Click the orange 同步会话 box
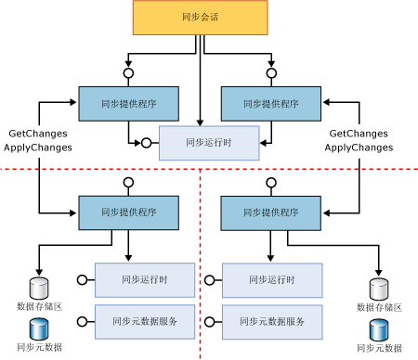coord(200,18)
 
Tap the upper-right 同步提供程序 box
coord(271,105)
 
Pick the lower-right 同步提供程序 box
coord(271,213)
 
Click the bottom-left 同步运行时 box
coord(144,278)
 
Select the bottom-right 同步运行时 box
coord(271,278)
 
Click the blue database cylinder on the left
coord(38,328)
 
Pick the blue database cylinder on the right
coord(379,329)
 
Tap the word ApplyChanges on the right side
coord(359,147)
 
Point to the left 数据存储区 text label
coord(39,305)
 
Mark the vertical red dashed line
coord(203,269)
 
